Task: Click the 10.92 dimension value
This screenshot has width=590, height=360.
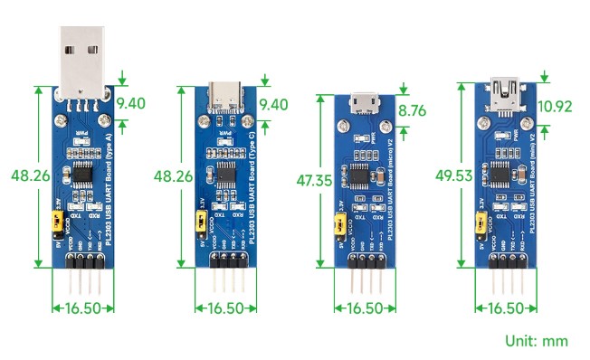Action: [554, 107]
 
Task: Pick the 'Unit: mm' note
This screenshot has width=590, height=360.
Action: [537, 341]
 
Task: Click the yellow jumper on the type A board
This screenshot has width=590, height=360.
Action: [61, 218]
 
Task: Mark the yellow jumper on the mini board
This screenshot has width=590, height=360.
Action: [480, 220]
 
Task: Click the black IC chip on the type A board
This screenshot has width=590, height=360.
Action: [83, 172]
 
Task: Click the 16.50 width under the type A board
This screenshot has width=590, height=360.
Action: [83, 308]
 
